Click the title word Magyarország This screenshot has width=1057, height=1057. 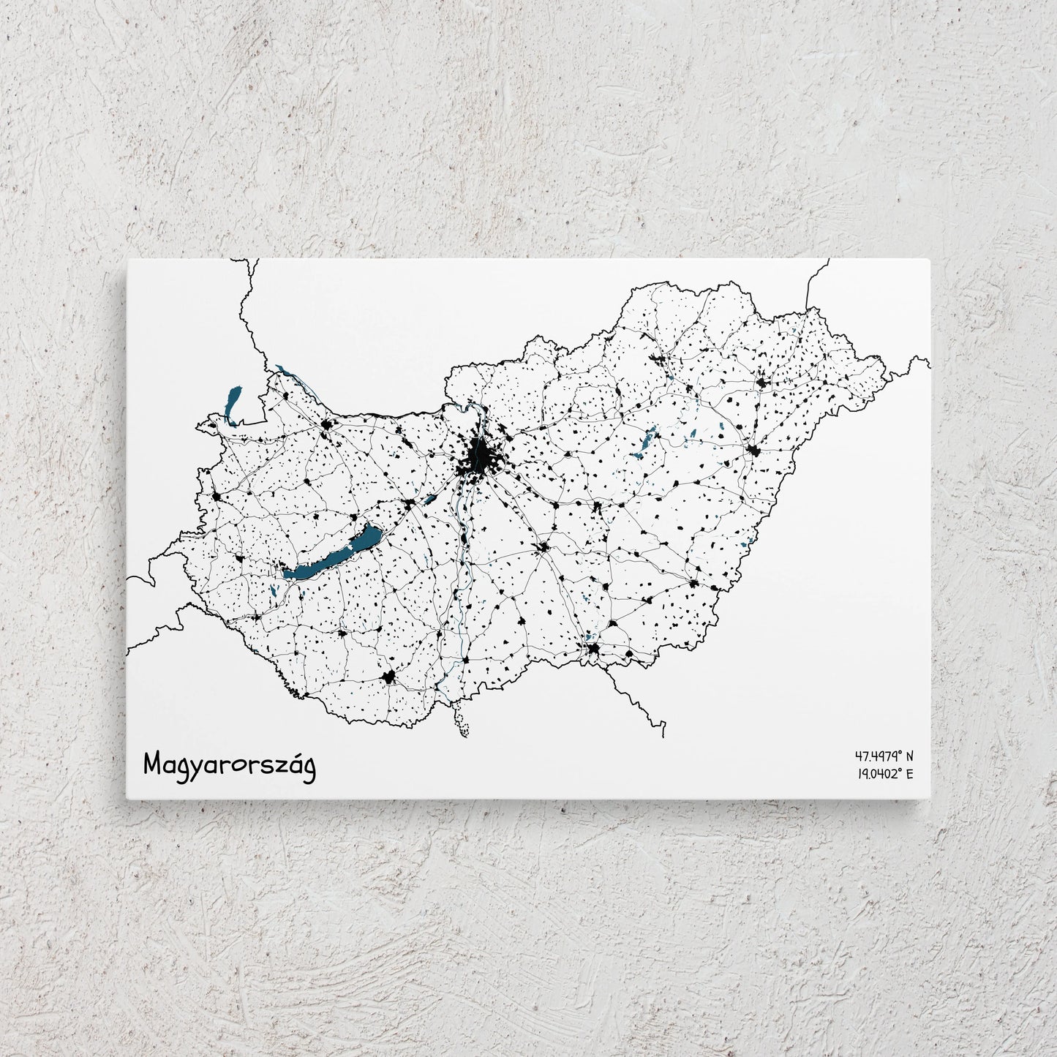[x=230, y=764]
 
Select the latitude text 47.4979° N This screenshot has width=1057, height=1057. [x=883, y=756]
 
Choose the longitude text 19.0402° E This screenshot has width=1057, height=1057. [x=883, y=773]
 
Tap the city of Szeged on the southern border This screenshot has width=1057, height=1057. [x=593, y=648]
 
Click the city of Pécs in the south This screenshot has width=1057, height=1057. [x=388, y=677]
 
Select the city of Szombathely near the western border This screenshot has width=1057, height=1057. [x=217, y=497]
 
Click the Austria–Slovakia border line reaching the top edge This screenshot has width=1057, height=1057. [x=248, y=307]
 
